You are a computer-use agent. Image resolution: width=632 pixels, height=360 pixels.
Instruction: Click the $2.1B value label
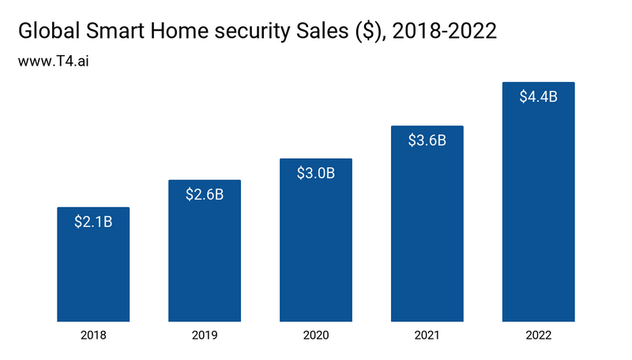pos(93,222)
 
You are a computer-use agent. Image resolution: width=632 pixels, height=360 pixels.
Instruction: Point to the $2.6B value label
pos(205,194)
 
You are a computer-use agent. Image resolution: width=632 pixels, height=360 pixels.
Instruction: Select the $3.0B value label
pos(316,173)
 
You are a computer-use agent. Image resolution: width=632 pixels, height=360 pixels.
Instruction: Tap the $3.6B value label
pos(427,141)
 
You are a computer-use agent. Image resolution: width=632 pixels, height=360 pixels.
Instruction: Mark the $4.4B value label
pos(538,97)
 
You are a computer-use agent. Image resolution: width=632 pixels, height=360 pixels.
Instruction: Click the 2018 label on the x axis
pos(93,336)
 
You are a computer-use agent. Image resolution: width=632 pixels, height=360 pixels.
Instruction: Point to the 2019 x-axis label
pos(205,336)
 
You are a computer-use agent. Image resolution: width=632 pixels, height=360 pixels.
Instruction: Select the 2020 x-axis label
pos(316,336)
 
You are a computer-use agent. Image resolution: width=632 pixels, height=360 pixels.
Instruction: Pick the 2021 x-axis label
pos(427,336)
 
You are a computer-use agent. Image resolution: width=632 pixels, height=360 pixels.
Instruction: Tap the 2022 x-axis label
pos(538,336)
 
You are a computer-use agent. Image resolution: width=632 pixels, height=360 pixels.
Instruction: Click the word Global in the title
pos(49,32)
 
